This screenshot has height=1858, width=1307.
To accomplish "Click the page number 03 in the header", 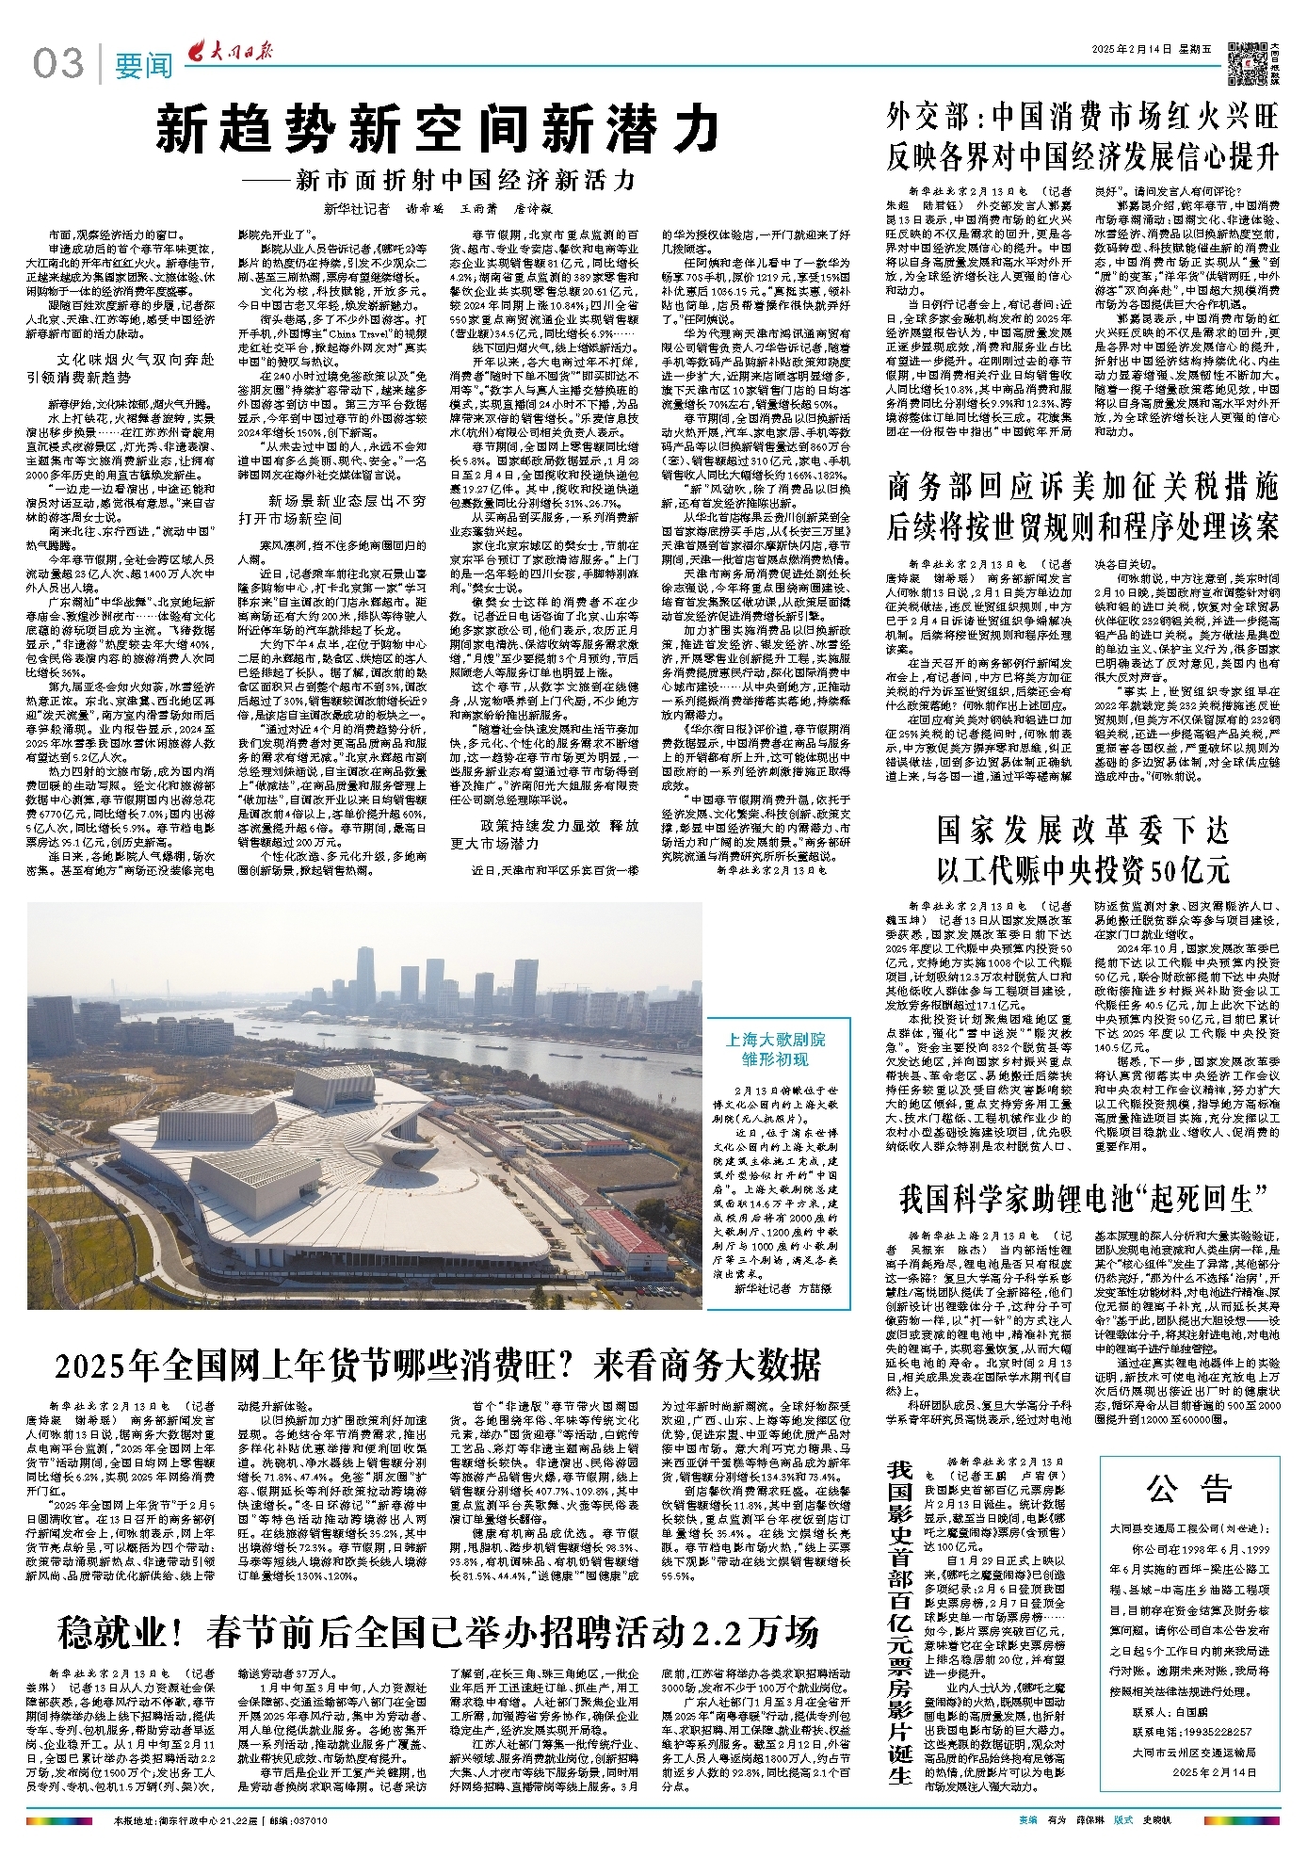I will point(58,64).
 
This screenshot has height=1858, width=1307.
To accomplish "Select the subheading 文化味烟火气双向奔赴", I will point(136,360).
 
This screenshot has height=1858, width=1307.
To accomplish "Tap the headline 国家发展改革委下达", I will point(1082,830).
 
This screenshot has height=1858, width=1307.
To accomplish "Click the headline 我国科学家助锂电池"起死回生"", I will point(1082,1199).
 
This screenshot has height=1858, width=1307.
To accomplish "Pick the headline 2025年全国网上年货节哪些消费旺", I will point(438,1365).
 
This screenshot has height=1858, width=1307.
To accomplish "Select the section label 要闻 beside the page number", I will point(144,66).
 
